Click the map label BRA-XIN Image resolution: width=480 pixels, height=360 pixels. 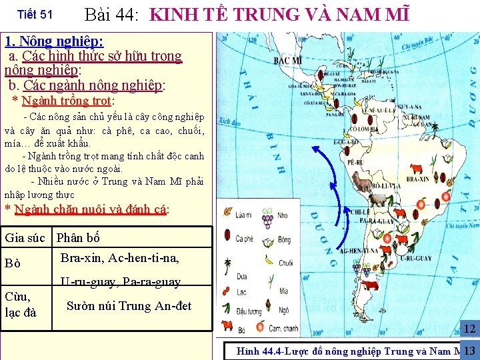[x=417, y=179]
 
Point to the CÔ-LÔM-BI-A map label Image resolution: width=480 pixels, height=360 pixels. [x=366, y=129]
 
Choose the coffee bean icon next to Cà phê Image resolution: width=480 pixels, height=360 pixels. [x=227, y=237]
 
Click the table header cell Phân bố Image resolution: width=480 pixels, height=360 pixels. [x=78, y=237]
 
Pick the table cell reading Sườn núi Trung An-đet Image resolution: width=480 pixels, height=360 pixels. [x=129, y=306]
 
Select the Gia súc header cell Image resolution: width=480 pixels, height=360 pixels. [x=25, y=237]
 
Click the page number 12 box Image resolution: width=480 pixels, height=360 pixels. [x=469, y=329]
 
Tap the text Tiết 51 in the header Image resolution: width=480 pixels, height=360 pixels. [x=34, y=14]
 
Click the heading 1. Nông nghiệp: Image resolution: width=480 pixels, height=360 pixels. [x=54, y=41]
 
